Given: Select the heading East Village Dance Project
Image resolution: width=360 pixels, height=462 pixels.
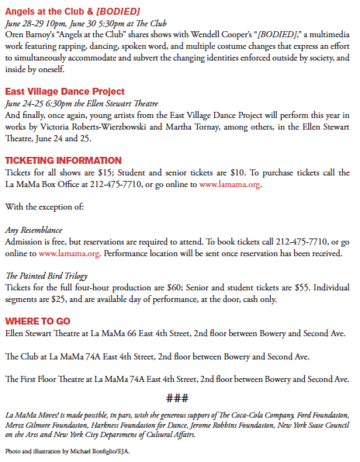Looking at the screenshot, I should (x=65, y=92).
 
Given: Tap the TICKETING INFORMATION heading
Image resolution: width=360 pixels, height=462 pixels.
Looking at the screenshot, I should (x=63, y=160).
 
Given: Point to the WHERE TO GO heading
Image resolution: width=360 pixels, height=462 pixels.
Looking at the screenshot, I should (x=38, y=321).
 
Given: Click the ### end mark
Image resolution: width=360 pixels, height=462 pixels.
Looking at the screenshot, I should (x=177, y=398).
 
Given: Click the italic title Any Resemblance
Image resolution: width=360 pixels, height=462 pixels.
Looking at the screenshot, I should (x=33, y=230).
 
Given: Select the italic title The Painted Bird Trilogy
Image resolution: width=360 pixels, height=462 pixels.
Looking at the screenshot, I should (x=46, y=276).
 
